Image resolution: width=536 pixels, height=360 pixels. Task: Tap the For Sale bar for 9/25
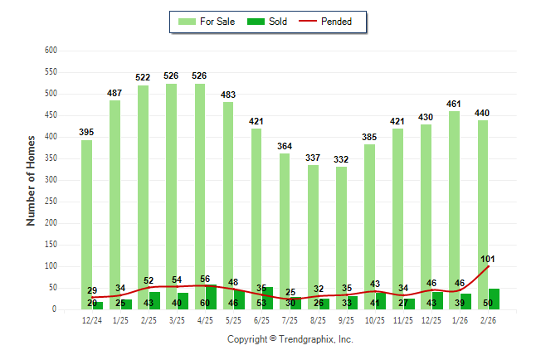pyautogui.click(x=342, y=232)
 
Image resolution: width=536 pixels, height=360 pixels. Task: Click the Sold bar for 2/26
pyautogui.click(x=494, y=299)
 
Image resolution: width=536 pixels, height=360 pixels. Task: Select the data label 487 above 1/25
pyautogui.click(x=115, y=93)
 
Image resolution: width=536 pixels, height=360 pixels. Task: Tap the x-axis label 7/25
pyautogui.click(x=290, y=321)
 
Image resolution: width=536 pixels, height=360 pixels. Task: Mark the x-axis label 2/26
pyautogui.click(x=488, y=321)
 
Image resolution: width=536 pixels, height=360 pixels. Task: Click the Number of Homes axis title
pyautogui.click(x=31, y=180)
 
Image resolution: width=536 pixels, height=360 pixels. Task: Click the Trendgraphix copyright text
pyautogui.click(x=290, y=339)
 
